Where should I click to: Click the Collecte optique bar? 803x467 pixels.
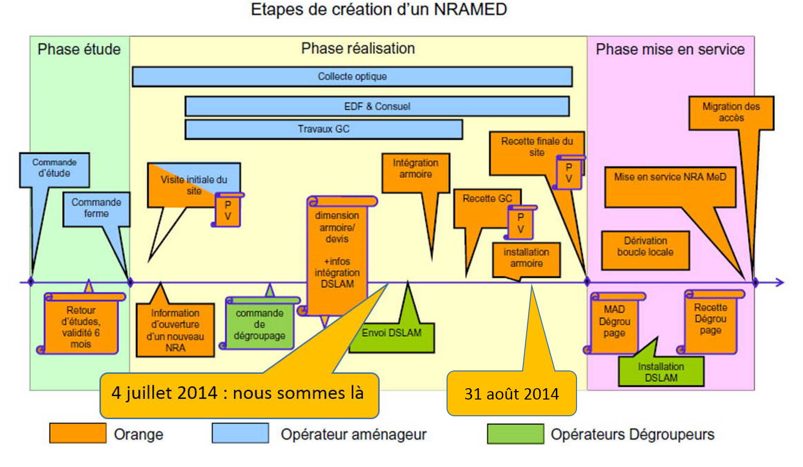tap(352, 77)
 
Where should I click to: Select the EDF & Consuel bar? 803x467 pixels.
tap(377, 106)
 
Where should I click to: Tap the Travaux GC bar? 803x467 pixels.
tap(323, 130)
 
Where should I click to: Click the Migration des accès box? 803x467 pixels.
tap(731, 113)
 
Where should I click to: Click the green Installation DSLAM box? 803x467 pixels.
tap(661, 372)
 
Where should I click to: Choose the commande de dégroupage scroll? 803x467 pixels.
tap(259, 324)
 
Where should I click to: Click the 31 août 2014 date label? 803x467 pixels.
tap(512, 394)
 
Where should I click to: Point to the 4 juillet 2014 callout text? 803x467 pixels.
tap(237, 393)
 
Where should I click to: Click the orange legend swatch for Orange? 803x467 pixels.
tap(78, 433)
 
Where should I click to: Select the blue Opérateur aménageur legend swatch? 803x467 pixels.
tap(240, 433)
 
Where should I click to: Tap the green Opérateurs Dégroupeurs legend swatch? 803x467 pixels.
tap(515, 434)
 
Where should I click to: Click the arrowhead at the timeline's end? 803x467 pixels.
tap(779, 282)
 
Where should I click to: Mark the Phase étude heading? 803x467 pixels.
tap(79, 49)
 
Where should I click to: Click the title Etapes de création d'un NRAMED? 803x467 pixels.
tap(379, 10)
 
